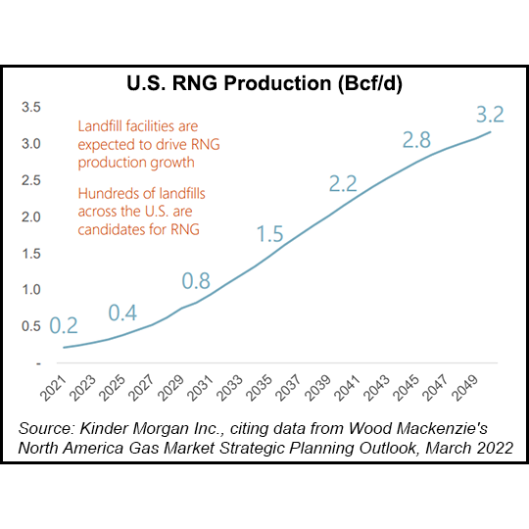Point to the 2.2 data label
344,182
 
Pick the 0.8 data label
197,281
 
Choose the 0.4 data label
123,313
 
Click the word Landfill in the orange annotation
103,127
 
